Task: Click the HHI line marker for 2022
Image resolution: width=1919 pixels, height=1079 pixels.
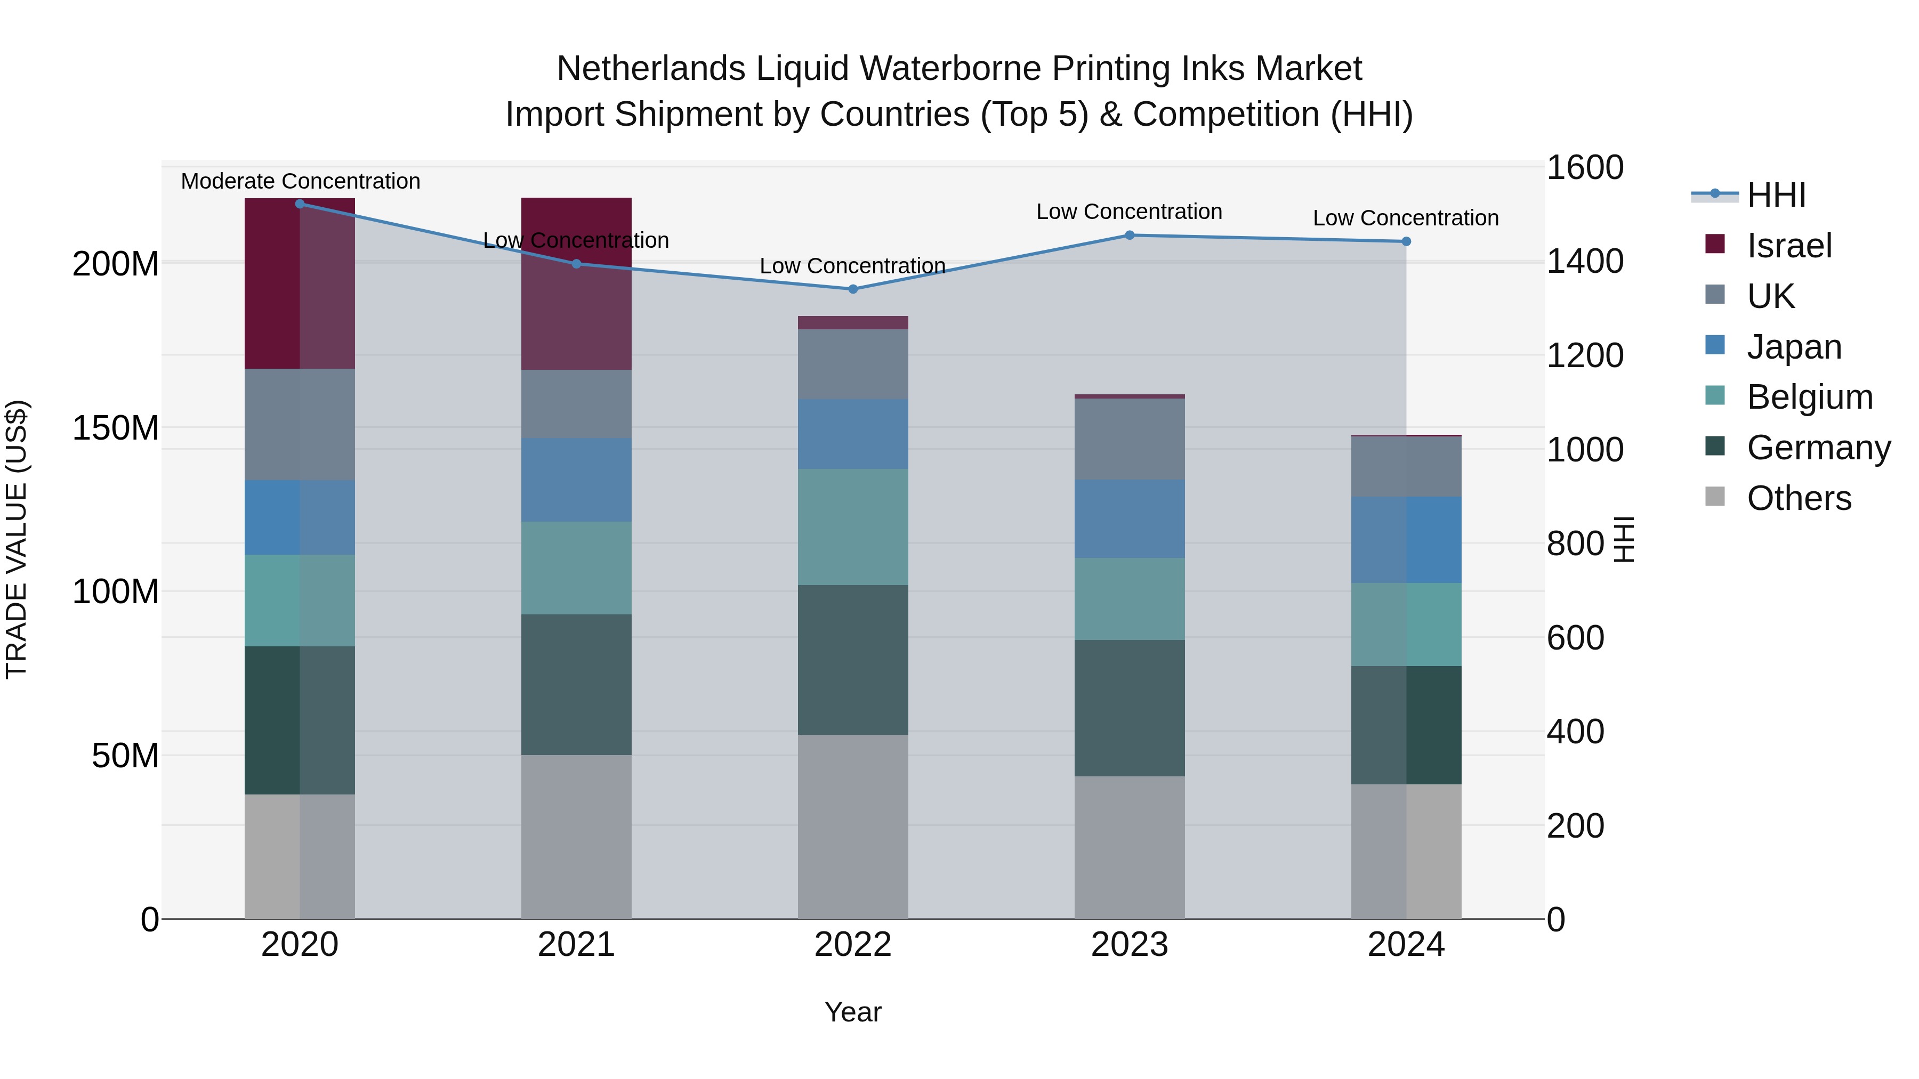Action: coord(853,289)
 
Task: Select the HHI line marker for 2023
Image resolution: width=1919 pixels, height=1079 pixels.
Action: coord(1130,236)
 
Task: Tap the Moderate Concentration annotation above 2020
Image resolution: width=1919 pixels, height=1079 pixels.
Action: coord(300,181)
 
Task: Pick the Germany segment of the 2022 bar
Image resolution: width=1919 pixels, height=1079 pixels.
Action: coord(853,660)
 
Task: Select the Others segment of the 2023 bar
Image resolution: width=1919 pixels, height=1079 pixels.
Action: coord(1130,847)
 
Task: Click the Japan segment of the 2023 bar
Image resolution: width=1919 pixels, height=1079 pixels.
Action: coord(1130,519)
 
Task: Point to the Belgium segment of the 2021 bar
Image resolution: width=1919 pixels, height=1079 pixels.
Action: coord(576,567)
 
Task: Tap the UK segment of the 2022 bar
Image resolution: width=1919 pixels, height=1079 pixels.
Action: coord(853,364)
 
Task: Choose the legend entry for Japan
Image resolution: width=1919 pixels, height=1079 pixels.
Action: coord(1793,347)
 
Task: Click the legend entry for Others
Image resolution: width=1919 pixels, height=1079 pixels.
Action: coord(1799,498)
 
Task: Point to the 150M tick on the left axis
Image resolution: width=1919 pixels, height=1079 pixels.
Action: coord(116,428)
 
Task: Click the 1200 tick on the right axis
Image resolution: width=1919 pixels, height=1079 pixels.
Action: coord(1585,355)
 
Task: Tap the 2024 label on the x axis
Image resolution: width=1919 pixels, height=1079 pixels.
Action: coord(1406,945)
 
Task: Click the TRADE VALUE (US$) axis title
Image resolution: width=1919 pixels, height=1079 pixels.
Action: coord(17,539)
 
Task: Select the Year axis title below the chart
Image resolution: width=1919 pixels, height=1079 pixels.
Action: coord(853,1012)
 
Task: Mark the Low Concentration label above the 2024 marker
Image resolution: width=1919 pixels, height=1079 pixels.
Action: coord(1405,218)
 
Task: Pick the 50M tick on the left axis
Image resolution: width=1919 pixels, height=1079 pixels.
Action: coord(125,756)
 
